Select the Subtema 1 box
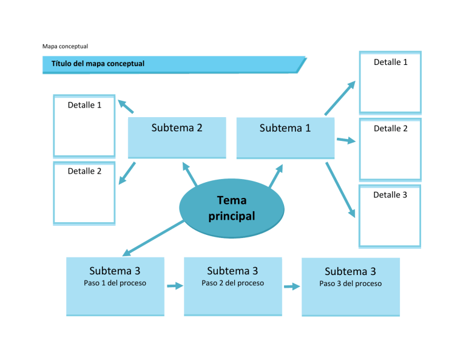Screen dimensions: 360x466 tap(285, 138)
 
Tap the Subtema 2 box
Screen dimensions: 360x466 tap(177, 138)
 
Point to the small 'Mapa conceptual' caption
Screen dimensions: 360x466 tap(65, 46)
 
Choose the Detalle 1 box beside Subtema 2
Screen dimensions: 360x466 tap(84, 126)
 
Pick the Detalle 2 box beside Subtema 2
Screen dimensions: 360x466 tap(84, 192)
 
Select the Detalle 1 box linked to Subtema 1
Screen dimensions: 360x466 tap(390, 82)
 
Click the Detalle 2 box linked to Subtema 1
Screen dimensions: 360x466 tap(390, 149)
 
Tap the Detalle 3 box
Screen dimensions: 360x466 tap(390, 216)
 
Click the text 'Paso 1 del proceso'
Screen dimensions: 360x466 tap(115, 283)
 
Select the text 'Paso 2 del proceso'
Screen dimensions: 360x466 tap(232, 283)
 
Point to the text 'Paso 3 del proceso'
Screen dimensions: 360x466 tap(351, 284)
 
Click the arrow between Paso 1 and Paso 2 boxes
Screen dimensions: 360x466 tap(175, 286)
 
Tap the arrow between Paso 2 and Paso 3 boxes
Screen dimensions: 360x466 tap(292, 287)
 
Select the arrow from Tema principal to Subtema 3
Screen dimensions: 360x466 tap(153, 239)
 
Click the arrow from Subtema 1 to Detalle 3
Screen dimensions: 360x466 tap(340, 189)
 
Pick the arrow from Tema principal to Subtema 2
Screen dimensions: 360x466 tap(189, 175)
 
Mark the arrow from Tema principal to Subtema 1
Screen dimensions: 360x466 tap(275, 176)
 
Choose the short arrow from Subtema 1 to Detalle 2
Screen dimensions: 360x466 tap(346, 141)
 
